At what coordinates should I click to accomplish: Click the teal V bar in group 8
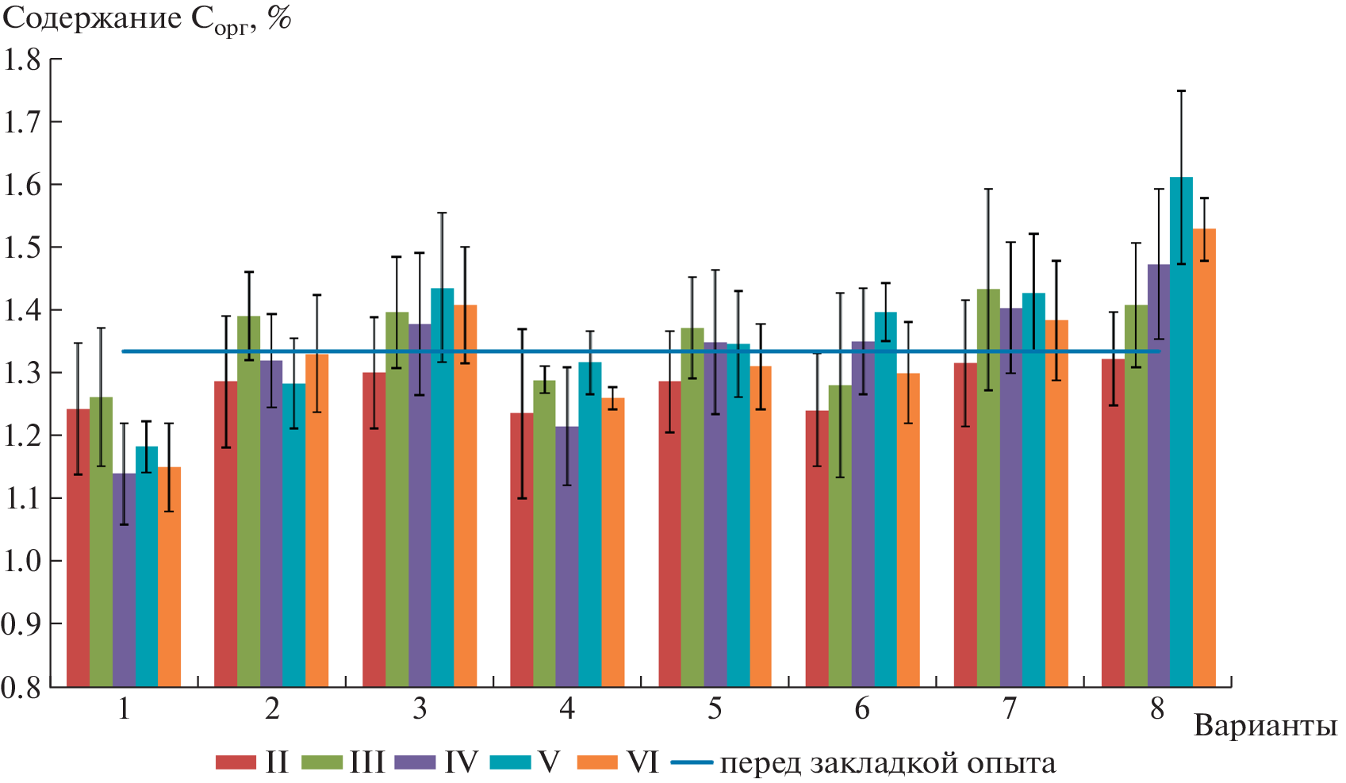click(1181, 432)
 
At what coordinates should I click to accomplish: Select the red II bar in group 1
click(78, 547)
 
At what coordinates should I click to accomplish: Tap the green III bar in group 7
click(988, 488)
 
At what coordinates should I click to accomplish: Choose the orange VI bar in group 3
click(466, 496)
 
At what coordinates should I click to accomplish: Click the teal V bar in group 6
click(886, 500)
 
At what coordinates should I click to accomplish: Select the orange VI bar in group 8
click(1204, 458)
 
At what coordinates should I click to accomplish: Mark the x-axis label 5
click(715, 708)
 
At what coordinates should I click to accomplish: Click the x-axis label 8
click(1158, 708)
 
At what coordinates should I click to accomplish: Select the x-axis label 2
click(272, 708)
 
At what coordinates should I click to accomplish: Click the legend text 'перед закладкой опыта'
click(888, 764)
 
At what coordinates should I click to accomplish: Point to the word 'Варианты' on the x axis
click(1265, 726)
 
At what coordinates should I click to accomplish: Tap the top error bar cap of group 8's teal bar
click(1181, 91)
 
